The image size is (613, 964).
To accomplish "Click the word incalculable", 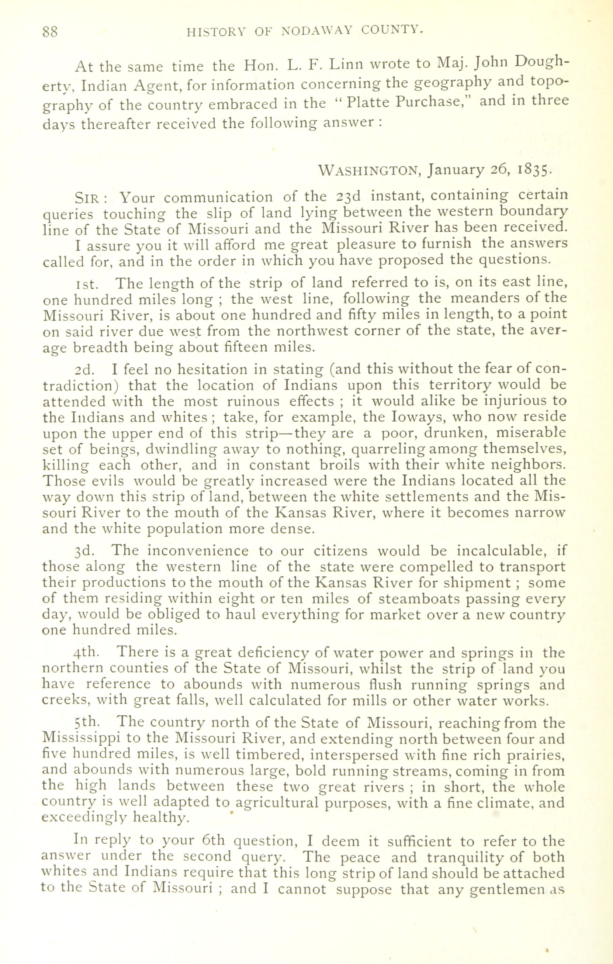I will coord(498,551).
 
